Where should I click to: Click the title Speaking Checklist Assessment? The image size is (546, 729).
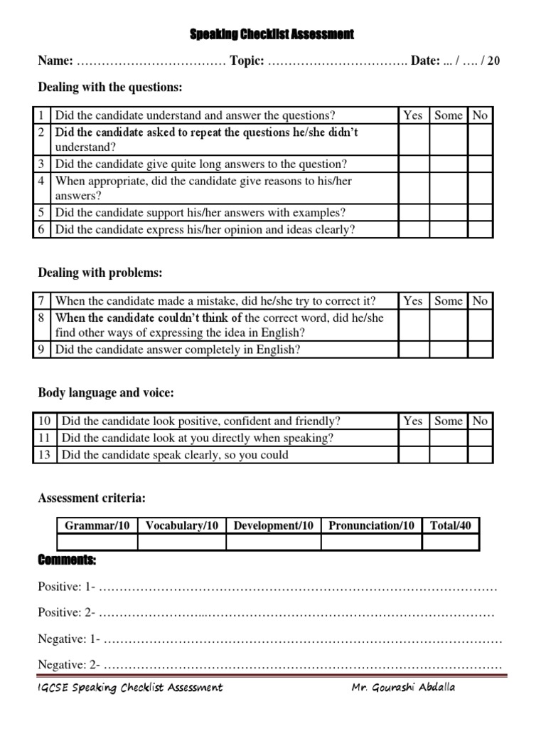272,33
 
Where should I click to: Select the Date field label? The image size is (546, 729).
425,61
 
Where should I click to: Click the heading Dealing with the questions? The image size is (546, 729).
110,88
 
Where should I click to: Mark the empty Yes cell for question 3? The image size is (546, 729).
412,164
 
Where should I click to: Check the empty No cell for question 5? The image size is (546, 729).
480,212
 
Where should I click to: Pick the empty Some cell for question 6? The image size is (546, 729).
448,229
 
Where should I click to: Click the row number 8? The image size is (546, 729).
42,318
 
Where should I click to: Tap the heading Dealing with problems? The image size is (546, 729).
100,273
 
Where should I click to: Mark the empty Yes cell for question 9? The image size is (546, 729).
412,350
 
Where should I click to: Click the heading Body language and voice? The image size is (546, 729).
106,393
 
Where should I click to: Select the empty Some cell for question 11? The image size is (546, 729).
448,438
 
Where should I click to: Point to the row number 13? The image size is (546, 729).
45,455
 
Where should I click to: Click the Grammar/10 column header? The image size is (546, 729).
97,525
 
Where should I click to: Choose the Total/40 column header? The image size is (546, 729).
451,525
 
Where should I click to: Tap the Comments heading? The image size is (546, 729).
67,562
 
